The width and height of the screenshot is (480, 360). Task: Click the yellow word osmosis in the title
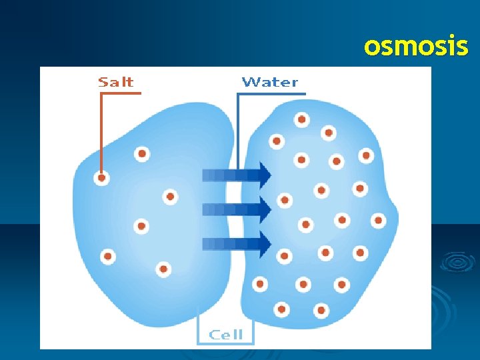[x=416, y=47]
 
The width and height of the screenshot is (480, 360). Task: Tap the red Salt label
[x=116, y=82]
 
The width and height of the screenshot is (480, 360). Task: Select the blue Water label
[x=270, y=82]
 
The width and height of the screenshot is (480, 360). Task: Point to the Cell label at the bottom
[x=227, y=335]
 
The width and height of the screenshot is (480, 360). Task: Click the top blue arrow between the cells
[x=237, y=175]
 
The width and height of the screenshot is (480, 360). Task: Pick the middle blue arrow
[x=237, y=209]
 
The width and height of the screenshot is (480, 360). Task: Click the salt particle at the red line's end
[x=101, y=178]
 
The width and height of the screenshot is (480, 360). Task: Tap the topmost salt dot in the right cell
[x=302, y=120]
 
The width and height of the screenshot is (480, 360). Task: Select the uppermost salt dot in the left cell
[x=141, y=154]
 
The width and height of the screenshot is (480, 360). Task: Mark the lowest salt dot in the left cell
[x=163, y=269]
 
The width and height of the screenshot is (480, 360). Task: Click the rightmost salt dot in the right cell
[x=378, y=220]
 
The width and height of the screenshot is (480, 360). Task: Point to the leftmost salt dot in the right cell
[x=259, y=285]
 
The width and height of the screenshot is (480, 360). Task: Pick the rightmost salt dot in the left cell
[x=170, y=197]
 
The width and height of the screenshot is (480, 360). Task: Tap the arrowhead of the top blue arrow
[x=265, y=175]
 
